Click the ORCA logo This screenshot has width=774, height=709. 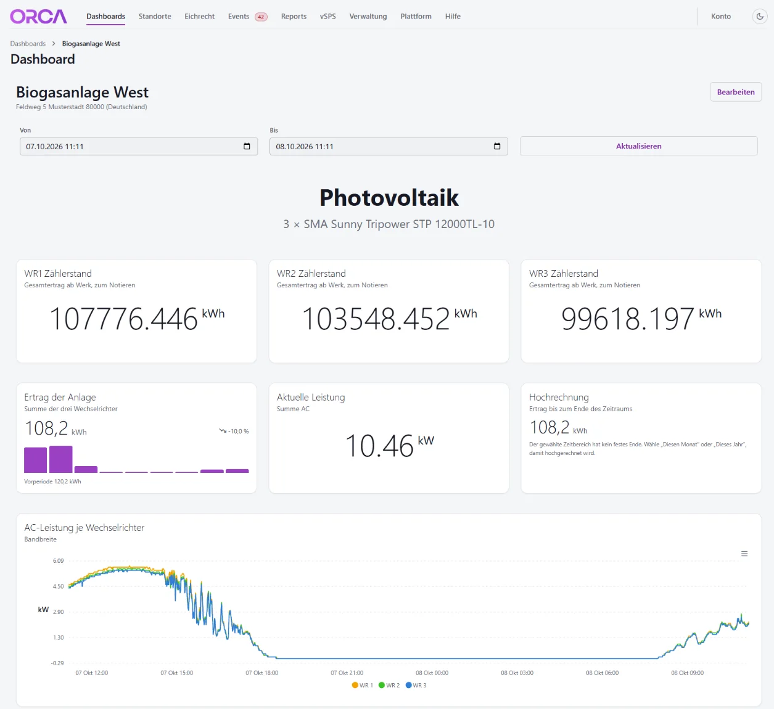pos(38,16)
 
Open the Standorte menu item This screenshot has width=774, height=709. pos(155,16)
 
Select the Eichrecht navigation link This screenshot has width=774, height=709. pos(199,16)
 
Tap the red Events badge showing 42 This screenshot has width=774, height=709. pos(261,17)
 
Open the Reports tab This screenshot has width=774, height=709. pos(294,16)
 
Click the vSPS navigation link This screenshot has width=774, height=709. pos(327,16)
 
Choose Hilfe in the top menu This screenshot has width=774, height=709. pos(453,16)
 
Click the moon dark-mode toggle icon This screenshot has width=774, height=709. pos(759,16)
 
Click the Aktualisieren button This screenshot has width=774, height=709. pos(638,146)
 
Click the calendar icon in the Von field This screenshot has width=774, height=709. pos(247,146)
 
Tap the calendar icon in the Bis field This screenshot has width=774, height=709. pos(497,146)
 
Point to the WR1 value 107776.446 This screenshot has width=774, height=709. pos(123,319)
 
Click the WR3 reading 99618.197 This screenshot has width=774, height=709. pos(628,319)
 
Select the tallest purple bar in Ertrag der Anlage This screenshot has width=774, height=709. pos(60,459)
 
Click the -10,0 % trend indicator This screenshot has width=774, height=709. pos(234,431)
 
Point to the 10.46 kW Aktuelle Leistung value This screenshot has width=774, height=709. pos(389,445)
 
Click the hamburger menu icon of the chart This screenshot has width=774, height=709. pos(744,554)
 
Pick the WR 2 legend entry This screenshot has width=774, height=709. pos(389,685)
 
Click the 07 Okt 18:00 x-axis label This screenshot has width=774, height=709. pos(261,673)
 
